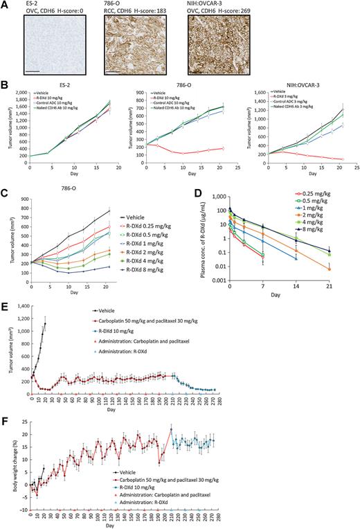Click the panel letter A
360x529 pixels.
tap(5, 5)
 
